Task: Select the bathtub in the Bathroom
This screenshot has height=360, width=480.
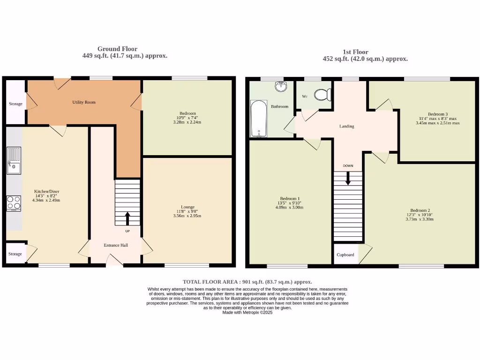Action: [258, 119]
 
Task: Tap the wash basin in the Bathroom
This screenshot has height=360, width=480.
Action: [281, 87]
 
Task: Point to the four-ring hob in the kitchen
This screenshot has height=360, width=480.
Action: [14, 203]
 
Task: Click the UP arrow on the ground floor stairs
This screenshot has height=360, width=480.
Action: [127, 218]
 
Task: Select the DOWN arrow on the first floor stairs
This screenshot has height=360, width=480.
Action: [348, 178]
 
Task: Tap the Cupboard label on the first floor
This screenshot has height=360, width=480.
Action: [345, 255]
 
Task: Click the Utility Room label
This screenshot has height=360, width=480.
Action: [84, 102]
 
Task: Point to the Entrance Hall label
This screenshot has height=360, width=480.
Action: [116, 245]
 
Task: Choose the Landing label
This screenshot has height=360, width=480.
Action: [347, 127]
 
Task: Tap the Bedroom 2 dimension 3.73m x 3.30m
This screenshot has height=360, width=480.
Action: [420, 219]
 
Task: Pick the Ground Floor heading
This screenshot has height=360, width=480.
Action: [117, 49]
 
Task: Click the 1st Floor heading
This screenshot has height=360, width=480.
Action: [355, 52]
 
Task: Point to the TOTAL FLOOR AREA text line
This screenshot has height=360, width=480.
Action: [247, 282]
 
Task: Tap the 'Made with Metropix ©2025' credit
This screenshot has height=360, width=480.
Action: [247, 312]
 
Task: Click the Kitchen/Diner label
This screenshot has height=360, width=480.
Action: [46, 191]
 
